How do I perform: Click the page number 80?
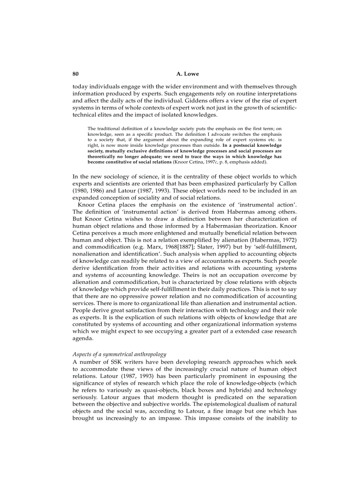75,74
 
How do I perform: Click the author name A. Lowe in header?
184,74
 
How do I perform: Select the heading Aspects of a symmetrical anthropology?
119,354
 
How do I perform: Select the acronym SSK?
110,362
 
